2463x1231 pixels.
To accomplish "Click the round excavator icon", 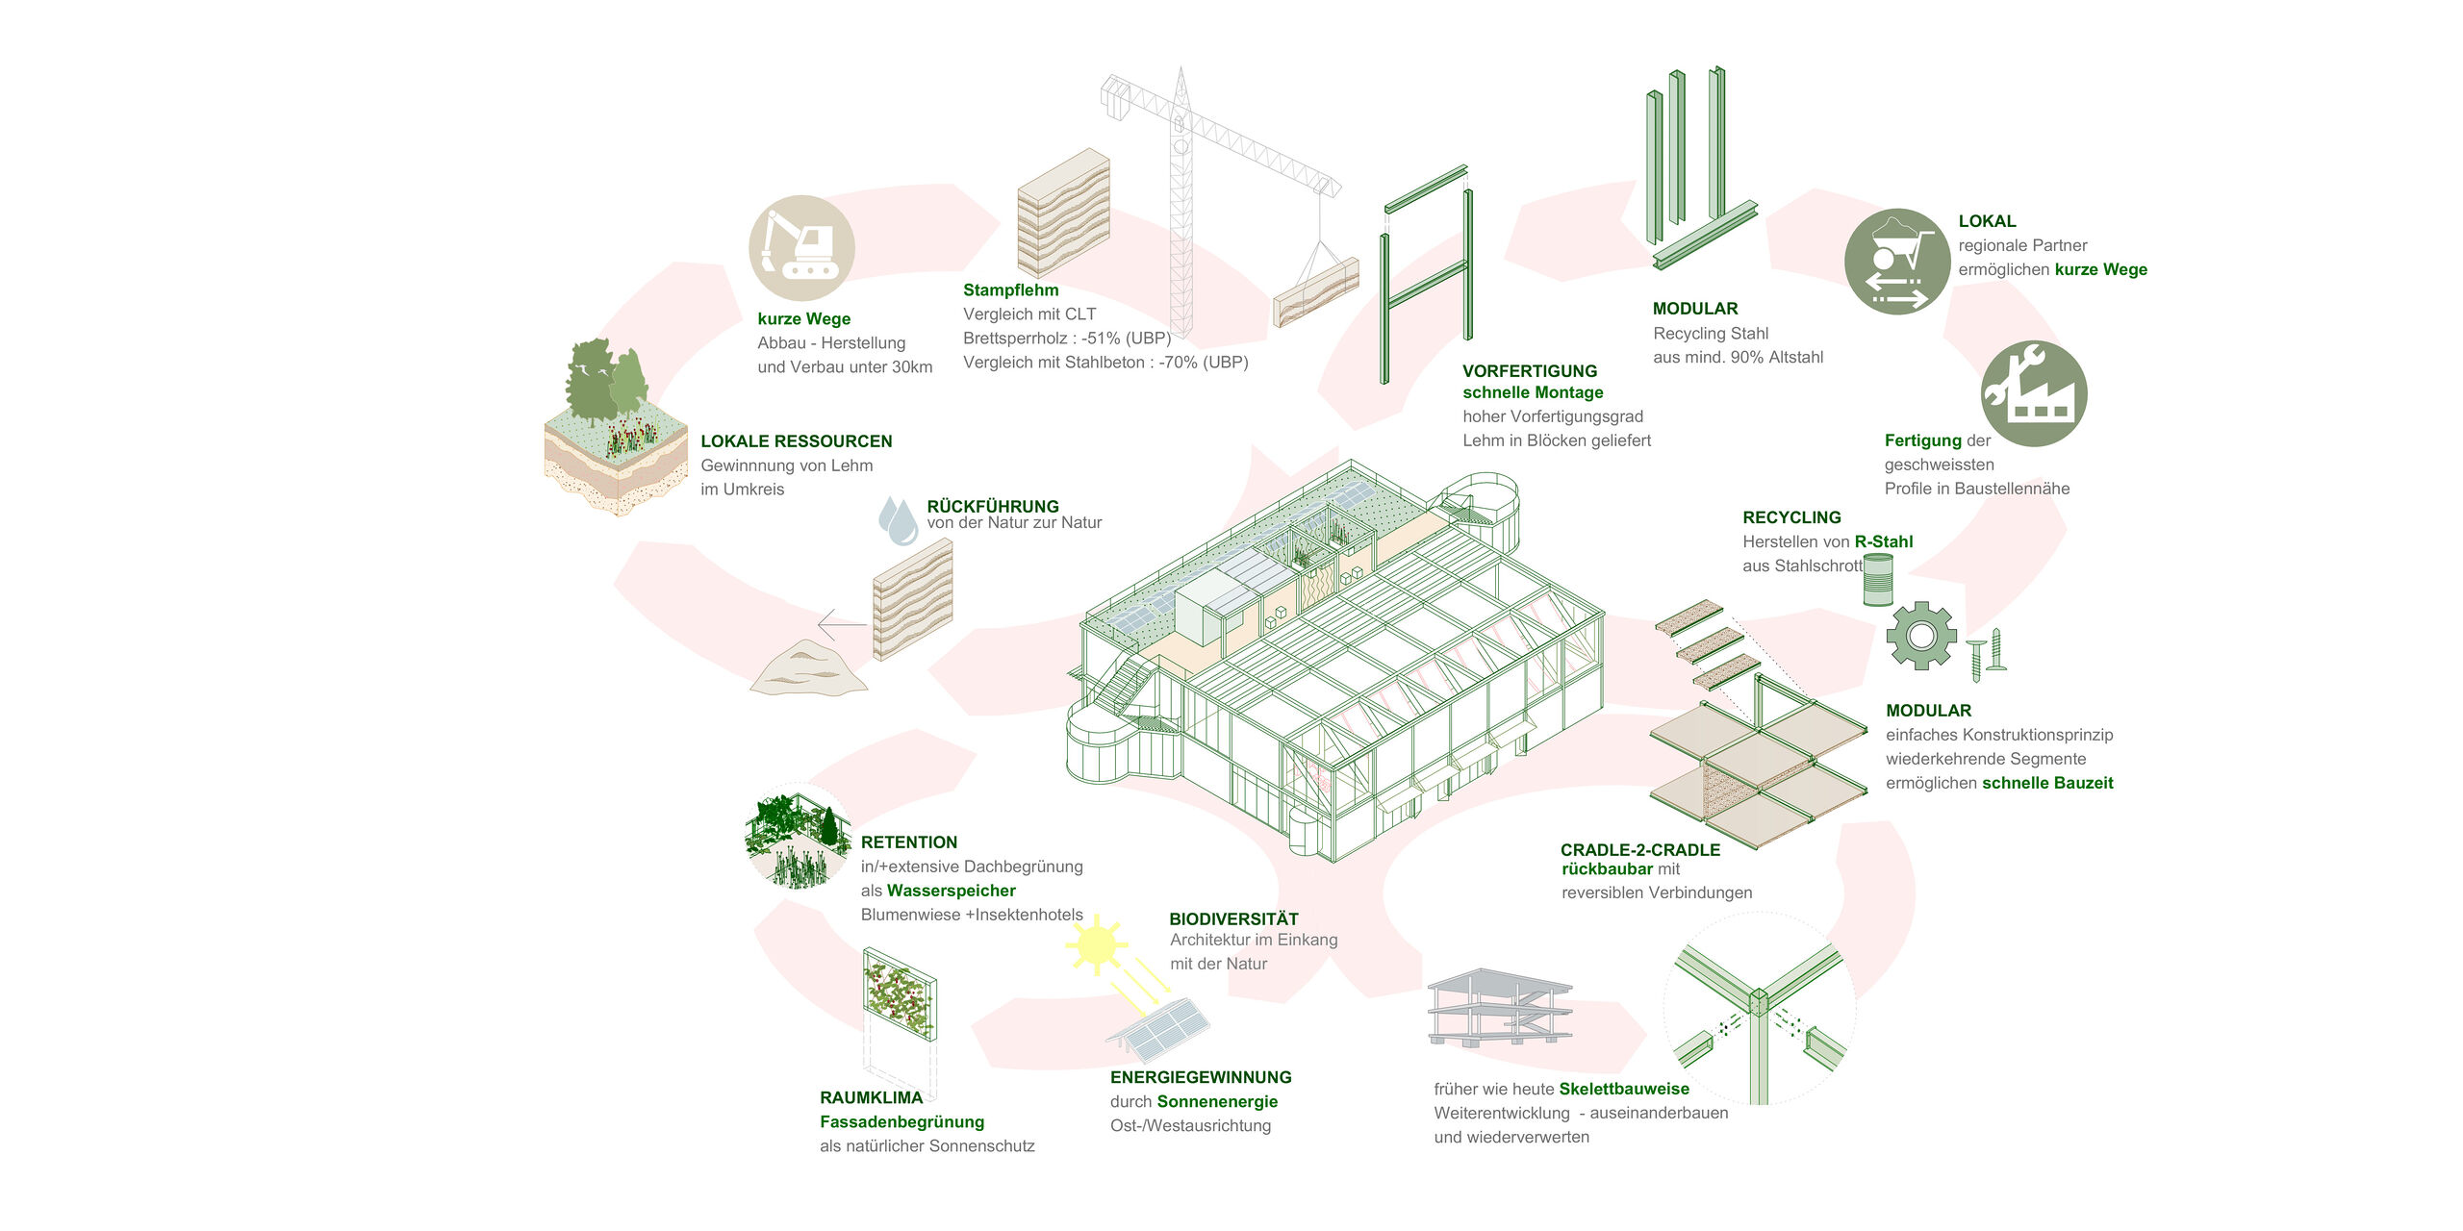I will [801, 248].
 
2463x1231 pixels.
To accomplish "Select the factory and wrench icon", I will [2033, 393].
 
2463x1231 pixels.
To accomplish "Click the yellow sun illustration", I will [1096, 943].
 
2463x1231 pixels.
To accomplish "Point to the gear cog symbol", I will [1920, 636].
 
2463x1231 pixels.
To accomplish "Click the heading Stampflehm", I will [1010, 289].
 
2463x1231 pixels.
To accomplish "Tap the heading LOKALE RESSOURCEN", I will [796, 441].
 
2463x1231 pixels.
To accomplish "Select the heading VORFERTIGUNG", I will [1529, 371].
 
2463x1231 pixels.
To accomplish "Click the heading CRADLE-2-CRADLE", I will [1639, 849].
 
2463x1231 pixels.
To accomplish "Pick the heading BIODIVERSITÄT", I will [1233, 918].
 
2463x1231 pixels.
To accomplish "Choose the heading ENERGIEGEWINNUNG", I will [1200, 1077].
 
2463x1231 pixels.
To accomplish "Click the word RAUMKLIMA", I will [871, 1097].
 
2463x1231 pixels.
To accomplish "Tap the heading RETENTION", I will [908, 842].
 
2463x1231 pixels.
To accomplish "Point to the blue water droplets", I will [898, 520].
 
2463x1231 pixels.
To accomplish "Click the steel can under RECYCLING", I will [1877, 580].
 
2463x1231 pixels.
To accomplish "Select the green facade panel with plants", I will [899, 994].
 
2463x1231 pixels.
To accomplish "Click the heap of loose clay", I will [808, 668].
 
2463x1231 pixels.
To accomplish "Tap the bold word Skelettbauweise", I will [1624, 1089].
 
